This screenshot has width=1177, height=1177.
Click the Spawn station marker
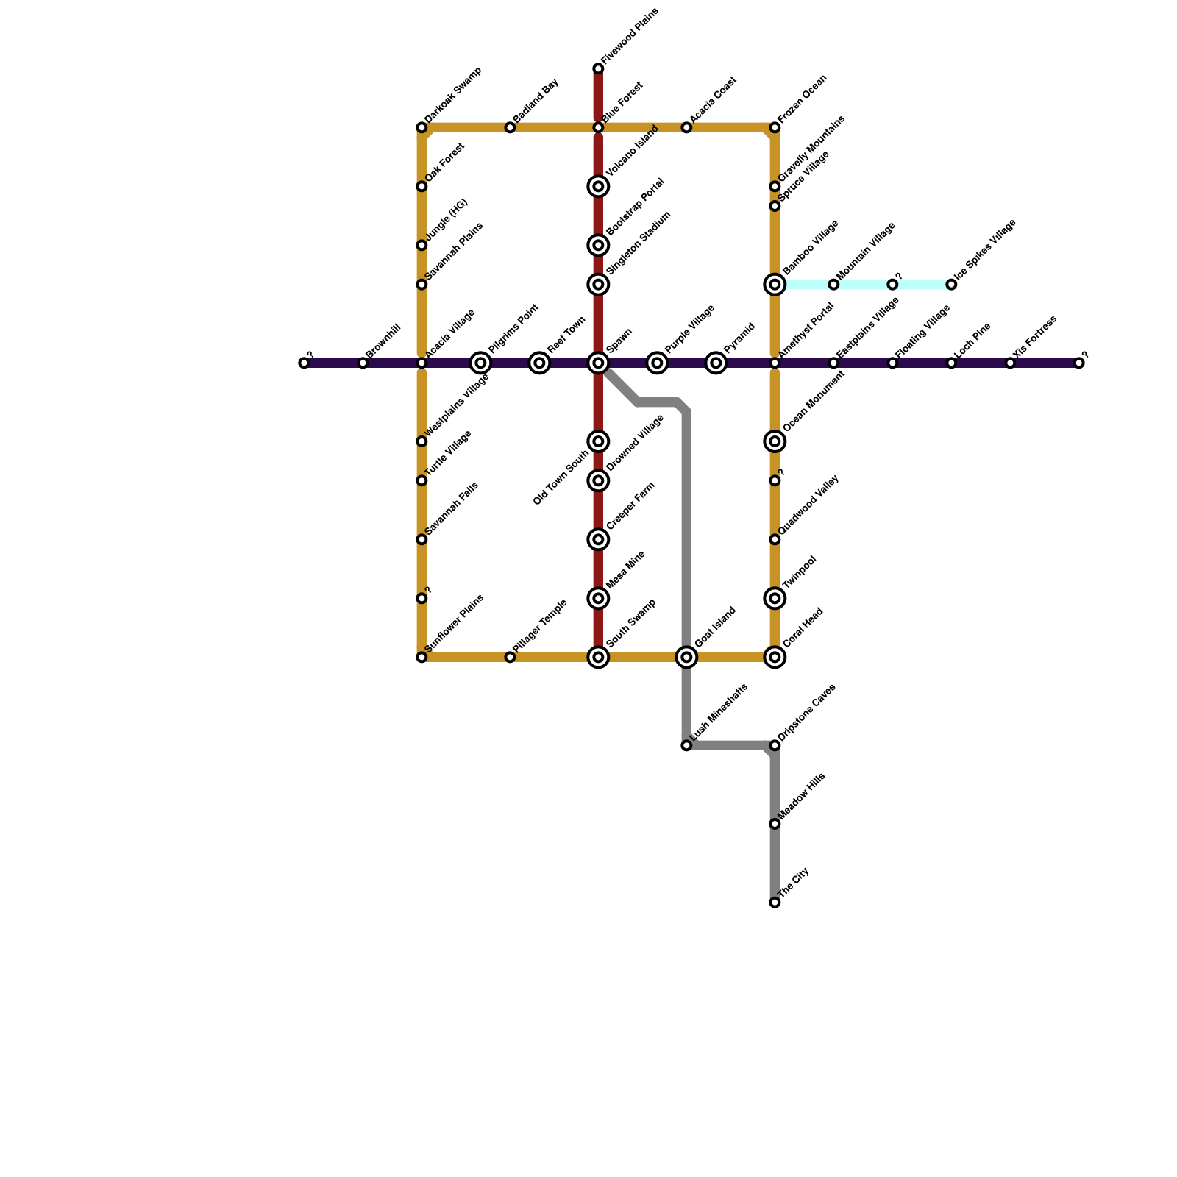[598, 363]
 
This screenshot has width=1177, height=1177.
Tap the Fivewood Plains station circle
[598, 69]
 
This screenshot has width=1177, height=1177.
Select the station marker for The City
[775, 903]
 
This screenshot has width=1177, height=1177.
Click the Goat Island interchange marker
[686, 657]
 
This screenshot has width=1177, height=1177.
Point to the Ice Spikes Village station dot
[951, 285]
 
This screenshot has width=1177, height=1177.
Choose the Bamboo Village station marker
[775, 285]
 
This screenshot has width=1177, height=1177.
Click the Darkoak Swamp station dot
[422, 128]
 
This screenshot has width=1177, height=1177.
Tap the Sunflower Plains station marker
[422, 657]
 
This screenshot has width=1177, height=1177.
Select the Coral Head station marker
[775, 657]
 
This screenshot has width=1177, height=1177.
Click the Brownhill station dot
[363, 363]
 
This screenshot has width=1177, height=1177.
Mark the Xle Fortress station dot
[1010, 363]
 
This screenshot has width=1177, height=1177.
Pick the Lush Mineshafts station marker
[686, 746]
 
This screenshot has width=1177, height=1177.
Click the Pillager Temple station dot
[510, 657]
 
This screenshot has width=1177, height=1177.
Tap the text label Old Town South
[561, 477]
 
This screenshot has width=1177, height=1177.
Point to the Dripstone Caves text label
[807, 711]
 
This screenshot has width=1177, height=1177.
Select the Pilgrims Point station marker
[480, 363]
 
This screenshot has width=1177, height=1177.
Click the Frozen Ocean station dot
[775, 128]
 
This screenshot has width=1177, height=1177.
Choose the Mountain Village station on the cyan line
[833, 285]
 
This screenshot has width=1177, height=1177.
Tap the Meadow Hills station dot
[775, 824]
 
